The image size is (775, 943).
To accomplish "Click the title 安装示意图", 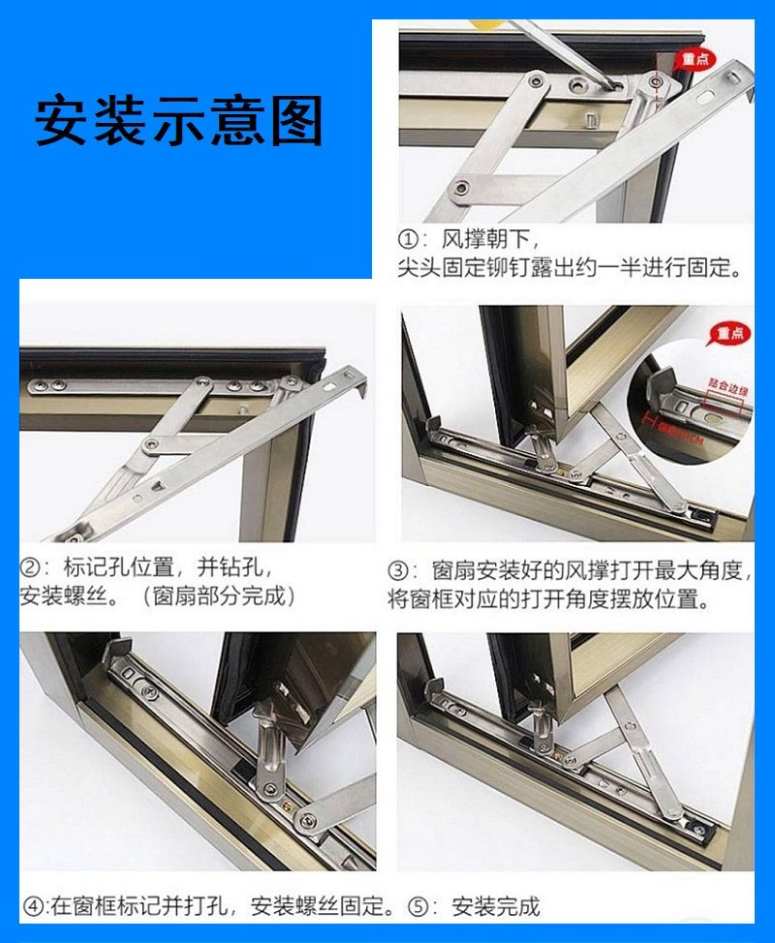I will point(179,121).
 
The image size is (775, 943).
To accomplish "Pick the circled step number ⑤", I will point(418,907).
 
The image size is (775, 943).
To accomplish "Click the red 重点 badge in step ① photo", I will point(691,58).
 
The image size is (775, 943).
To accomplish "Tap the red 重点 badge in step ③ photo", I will point(729,334).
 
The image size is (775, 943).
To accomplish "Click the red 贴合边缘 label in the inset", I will point(725,390).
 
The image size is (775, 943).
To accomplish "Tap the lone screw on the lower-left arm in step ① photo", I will point(464,184).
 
